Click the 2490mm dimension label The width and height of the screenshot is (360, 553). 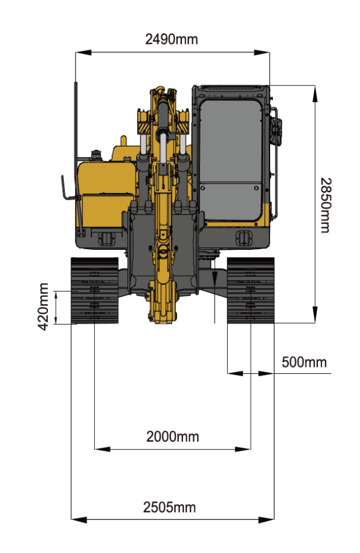click(x=171, y=39)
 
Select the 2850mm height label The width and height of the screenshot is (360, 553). click(x=326, y=205)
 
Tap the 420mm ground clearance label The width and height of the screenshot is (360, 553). click(x=44, y=307)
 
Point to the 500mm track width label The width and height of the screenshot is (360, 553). click(x=304, y=362)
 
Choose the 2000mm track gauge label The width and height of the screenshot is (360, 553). click(x=173, y=437)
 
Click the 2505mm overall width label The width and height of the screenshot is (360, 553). click(x=169, y=507)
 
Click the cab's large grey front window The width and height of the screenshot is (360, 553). click(x=230, y=141)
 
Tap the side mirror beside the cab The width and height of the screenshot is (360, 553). click(x=276, y=131)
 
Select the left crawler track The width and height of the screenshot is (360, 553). click(x=94, y=290)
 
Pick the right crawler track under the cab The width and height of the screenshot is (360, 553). click(x=251, y=290)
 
